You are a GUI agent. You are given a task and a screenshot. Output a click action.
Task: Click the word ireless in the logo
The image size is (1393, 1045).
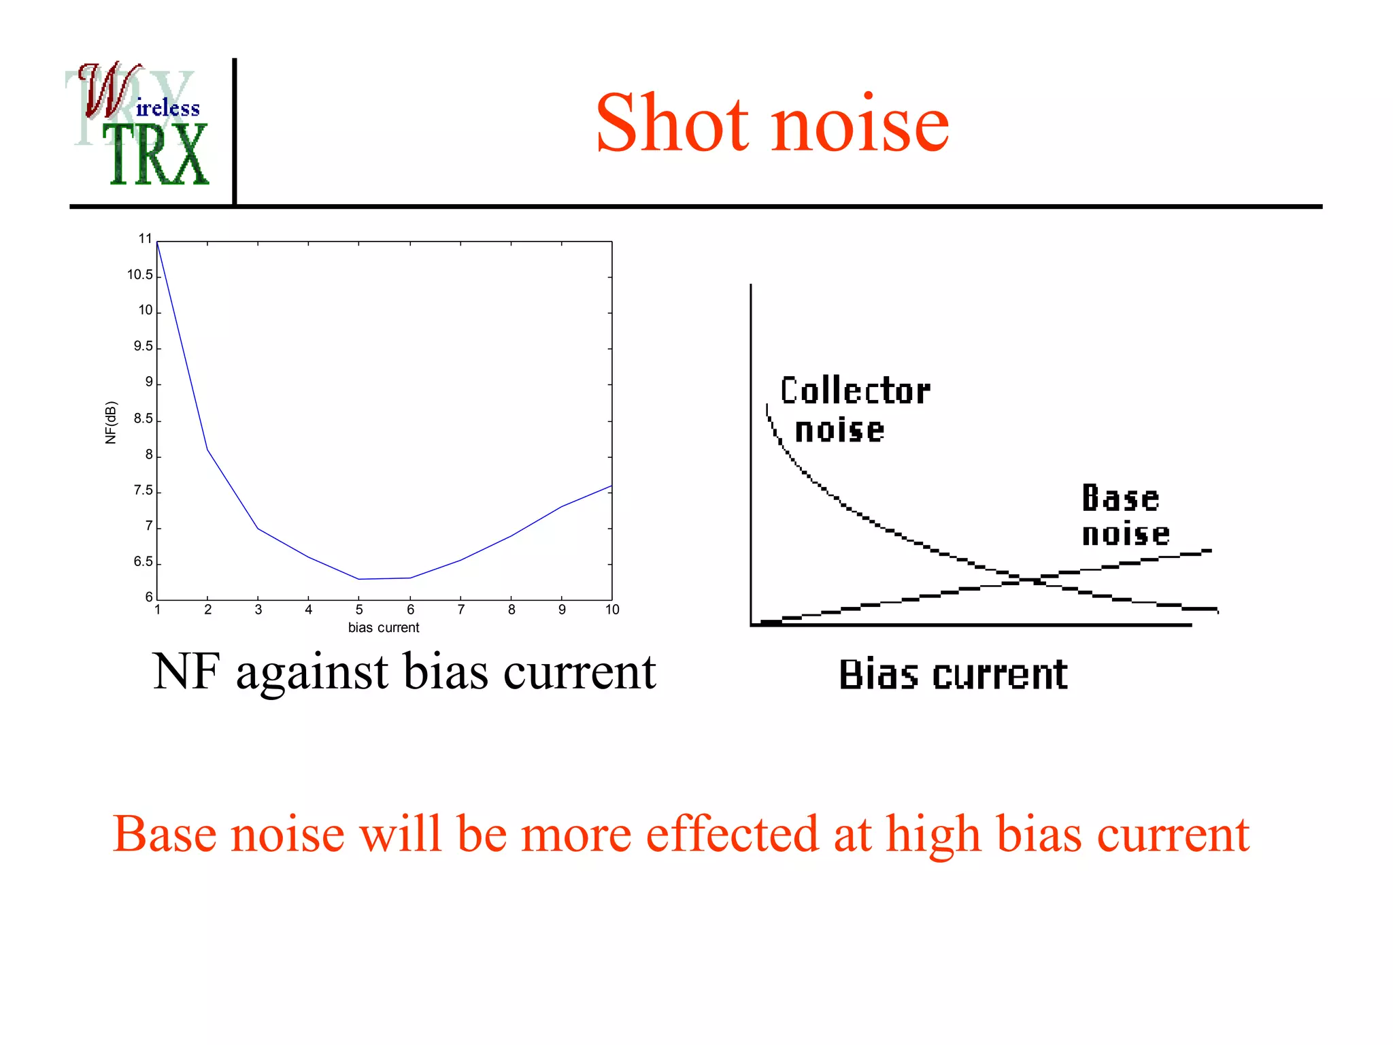pyautogui.click(x=167, y=108)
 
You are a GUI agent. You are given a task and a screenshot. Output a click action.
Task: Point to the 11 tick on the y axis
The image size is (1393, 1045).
pyautogui.click(x=145, y=239)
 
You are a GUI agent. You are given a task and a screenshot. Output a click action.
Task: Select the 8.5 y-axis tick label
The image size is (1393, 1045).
pyautogui.click(x=143, y=418)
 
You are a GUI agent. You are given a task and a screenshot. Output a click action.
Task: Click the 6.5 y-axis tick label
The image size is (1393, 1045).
pyautogui.click(x=143, y=562)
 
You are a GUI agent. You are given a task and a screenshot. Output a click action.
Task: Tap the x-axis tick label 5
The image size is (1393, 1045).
pyautogui.click(x=359, y=610)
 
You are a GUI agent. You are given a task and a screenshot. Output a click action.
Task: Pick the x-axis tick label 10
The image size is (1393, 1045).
pyautogui.click(x=611, y=610)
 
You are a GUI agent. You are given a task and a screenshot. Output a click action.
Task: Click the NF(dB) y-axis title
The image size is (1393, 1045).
pyautogui.click(x=111, y=422)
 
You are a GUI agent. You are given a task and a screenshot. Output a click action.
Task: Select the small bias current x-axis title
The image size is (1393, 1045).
pyautogui.click(x=383, y=628)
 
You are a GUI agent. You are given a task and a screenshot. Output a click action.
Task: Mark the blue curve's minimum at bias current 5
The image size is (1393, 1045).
pyautogui.click(x=359, y=579)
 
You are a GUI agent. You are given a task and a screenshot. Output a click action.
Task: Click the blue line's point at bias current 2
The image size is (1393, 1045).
pyautogui.click(x=207, y=450)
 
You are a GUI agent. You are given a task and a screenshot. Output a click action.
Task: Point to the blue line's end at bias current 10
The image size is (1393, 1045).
pyautogui.click(x=611, y=486)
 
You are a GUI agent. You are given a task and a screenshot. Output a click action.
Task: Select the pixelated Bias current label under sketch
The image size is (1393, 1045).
pyautogui.click(x=952, y=675)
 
